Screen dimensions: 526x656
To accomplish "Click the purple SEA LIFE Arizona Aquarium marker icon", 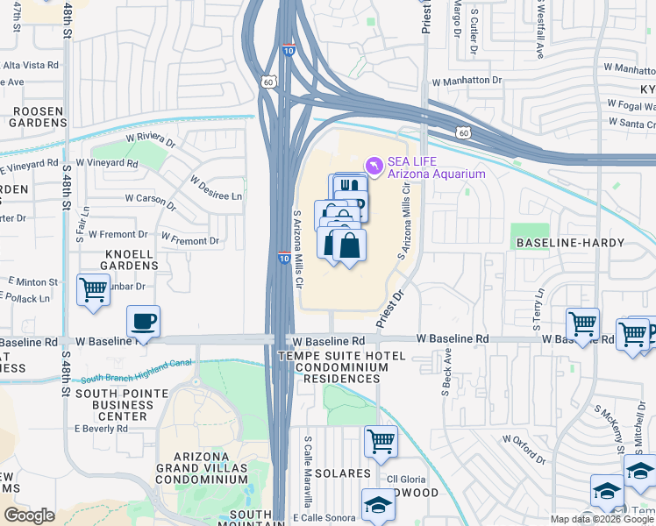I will click(x=374, y=165).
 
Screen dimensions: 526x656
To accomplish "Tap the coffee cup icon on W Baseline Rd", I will click(x=143, y=321).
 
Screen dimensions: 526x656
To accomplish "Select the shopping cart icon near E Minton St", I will click(x=93, y=288).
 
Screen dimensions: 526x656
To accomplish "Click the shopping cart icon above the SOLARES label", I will click(x=380, y=441).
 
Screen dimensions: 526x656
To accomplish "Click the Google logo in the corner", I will click(x=29, y=515).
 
